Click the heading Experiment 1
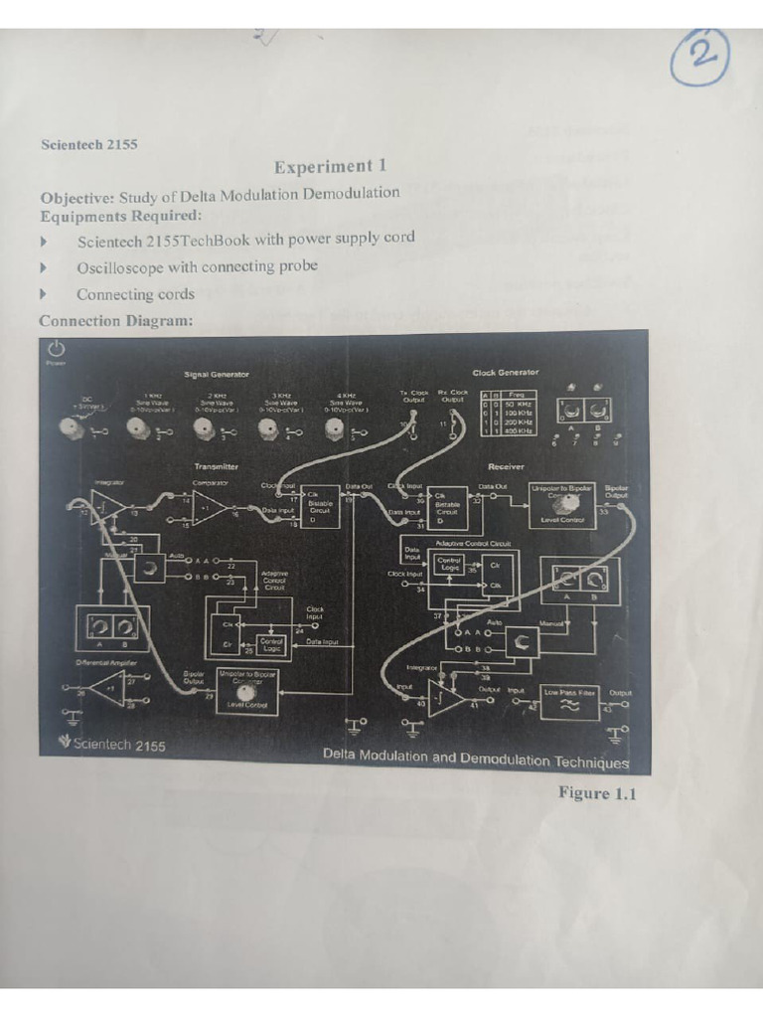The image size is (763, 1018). pos(330,166)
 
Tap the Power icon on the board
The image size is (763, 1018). pos(56,349)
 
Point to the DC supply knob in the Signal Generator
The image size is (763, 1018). pos(72,429)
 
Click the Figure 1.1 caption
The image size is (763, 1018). pos(595,792)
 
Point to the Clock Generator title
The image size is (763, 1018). pos(505,373)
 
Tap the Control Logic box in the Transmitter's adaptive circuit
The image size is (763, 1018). pos(271,644)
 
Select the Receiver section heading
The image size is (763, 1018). pos(506,465)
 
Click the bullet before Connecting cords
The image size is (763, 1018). pos(43,294)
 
